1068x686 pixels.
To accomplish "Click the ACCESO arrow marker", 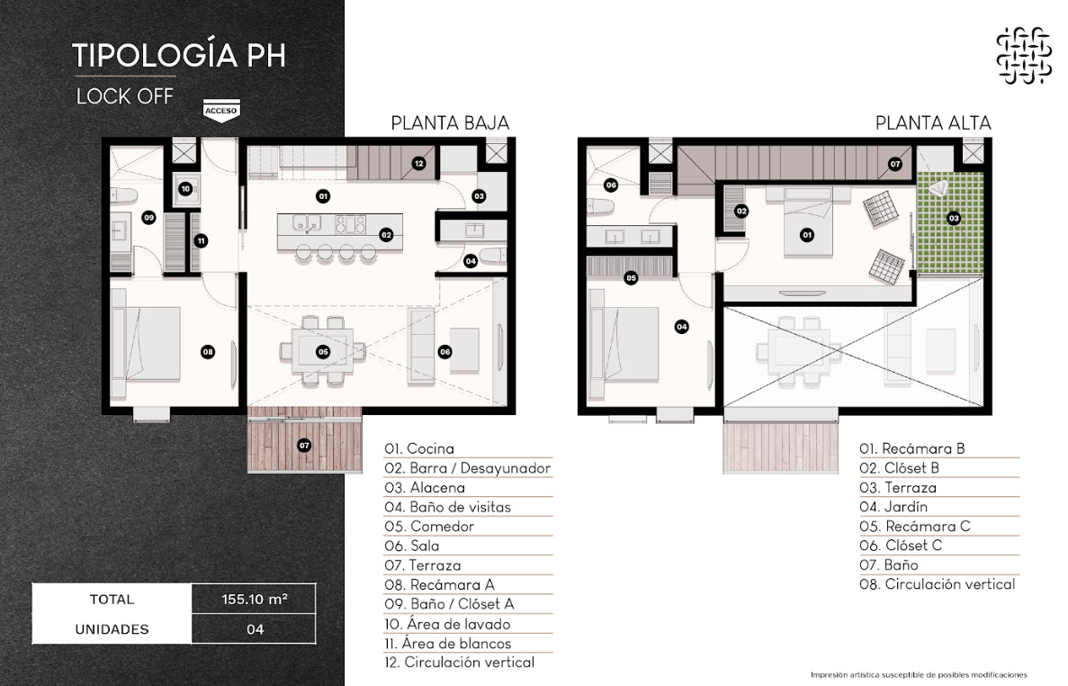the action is (221, 111).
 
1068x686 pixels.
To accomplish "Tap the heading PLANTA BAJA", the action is (450, 123).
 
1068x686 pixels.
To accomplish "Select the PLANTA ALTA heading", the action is (933, 123).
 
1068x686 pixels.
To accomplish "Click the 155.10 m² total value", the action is (254, 600).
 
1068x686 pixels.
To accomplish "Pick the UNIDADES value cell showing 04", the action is (255, 629).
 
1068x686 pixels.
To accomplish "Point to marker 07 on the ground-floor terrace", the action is (304, 446).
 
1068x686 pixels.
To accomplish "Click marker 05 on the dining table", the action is (323, 351).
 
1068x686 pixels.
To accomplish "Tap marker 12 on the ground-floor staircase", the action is (419, 163).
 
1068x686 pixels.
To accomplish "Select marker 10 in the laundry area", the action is (185, 189).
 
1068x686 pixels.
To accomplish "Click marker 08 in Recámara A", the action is (208, 351).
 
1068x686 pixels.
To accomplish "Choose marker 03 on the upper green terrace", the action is (954, 218).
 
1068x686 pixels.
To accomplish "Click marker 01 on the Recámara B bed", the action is (807, 235).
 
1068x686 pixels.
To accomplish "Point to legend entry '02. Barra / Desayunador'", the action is (467, 468).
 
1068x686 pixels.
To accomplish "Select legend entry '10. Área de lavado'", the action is (447, 624).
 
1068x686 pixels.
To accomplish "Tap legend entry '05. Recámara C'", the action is (915, 526).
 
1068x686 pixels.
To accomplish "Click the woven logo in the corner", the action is (1024, 55).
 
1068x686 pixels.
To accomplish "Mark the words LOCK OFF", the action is (125, 96).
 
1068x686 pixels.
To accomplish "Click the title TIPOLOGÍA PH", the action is (178, 55).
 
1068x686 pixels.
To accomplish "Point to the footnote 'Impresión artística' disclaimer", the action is (919, 675).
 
